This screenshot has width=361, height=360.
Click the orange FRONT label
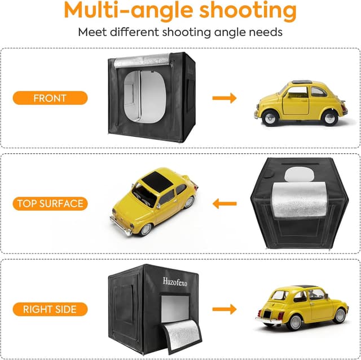click(50, 98)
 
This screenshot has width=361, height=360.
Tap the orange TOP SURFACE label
click(50, 203)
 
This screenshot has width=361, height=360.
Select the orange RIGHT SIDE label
click(50, 309)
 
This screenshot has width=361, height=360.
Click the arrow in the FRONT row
click(224, 98)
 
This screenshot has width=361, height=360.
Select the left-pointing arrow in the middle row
click(224, 203)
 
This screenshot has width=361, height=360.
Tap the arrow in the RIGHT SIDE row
click(224, 309)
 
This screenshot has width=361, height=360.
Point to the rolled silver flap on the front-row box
click(142, 61)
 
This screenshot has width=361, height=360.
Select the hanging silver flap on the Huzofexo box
click(180, 336)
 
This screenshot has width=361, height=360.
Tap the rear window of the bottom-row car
click(278, 295)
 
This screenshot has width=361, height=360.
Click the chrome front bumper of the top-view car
click(121, 225)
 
